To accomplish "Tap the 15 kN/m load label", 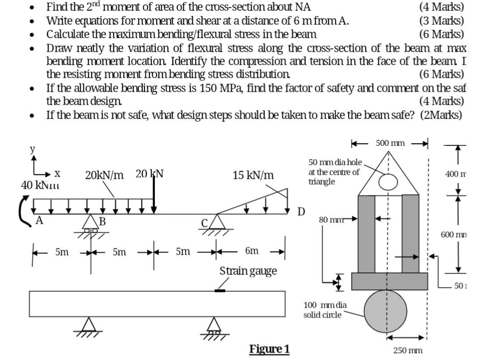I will (253, 175).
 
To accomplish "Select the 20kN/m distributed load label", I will (104, 175).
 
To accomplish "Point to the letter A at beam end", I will (39, 220).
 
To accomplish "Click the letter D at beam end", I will (302, 211).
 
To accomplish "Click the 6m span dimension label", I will (252, 251).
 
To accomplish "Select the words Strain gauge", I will (248, 271).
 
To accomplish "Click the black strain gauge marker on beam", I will (219, 291).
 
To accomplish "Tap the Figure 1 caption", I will (269, 348).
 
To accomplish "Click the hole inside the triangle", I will (388, 182).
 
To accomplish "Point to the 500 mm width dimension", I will (390, 143).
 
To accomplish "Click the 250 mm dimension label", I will (408, 351).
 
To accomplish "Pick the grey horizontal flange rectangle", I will (388, 281).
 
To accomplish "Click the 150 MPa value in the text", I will (221, 88).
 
